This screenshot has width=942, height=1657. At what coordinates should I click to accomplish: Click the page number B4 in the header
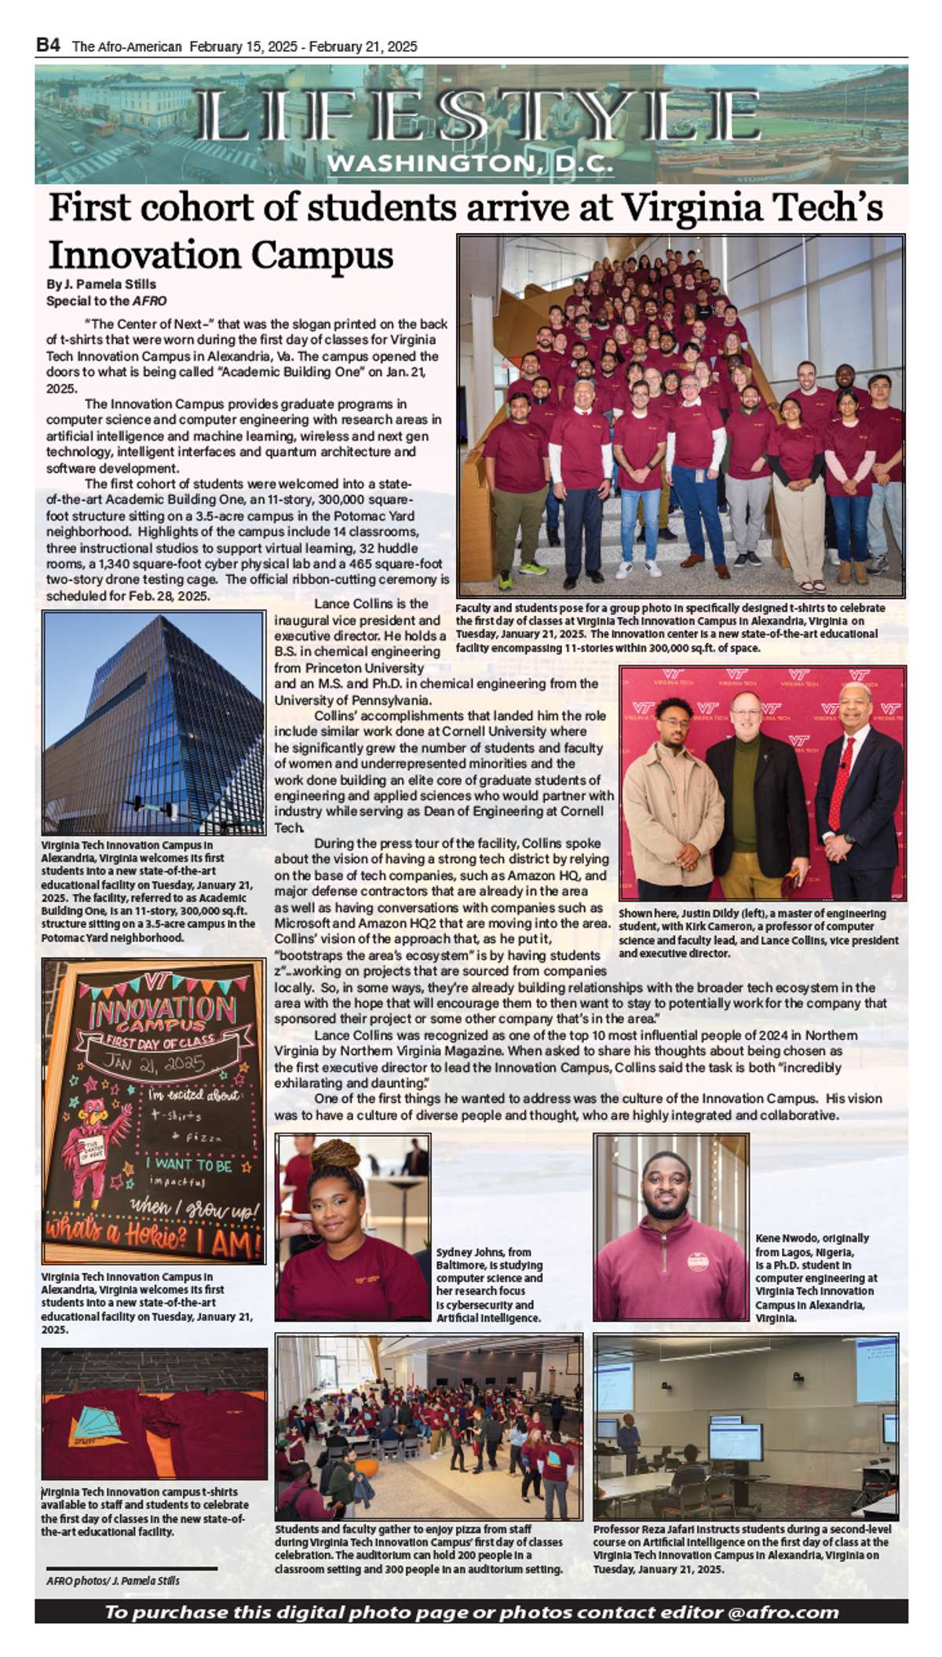pyautogui.click(x=48, y=46)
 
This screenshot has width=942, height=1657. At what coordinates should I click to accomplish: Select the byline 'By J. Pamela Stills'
pyautogui.click(x=101, y=284)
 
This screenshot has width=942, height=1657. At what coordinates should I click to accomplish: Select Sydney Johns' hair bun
pyautogui.click(x=335, y=1155)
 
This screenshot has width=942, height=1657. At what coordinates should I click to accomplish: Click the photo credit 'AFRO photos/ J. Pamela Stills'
pyautogui.click(x=113, y=1580)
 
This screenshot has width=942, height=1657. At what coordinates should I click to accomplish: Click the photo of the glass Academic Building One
pyautogui.click(x=154, y=722)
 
